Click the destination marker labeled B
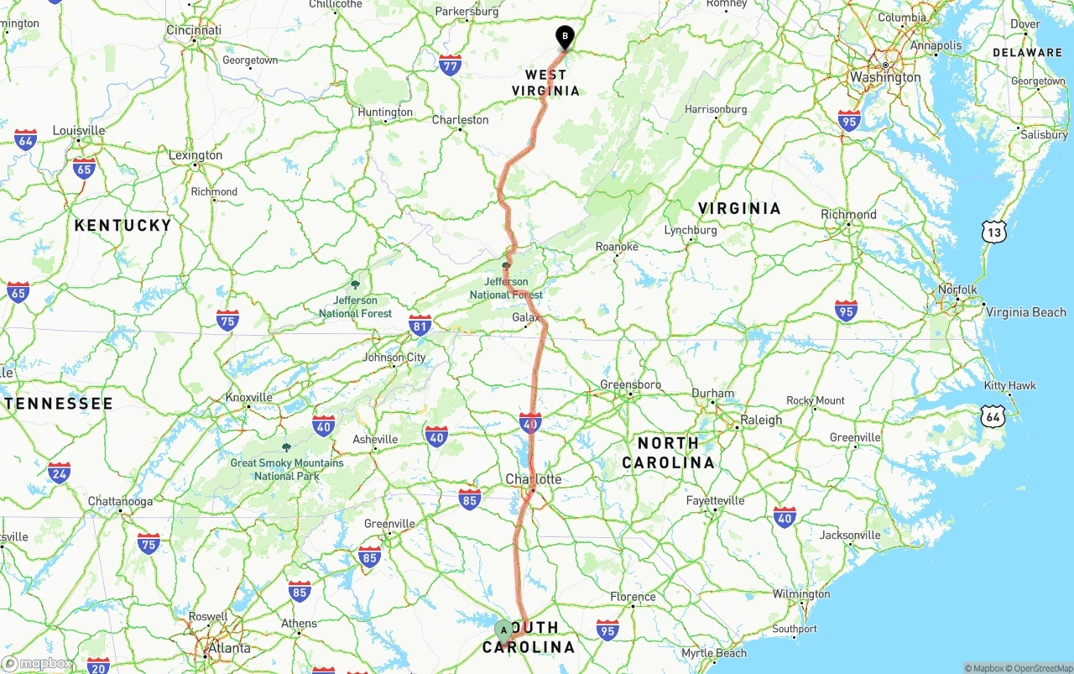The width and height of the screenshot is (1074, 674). tap(566, 37)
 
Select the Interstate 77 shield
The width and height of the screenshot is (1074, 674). tap(450, 65)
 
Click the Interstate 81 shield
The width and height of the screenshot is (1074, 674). tap(420, 326)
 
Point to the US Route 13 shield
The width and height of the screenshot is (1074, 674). tap(993, 232)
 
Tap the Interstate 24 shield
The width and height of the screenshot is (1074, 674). tap(59, 473)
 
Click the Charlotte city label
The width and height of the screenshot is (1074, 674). tap(533, 479)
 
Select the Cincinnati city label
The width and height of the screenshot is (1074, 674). tap(194, 30)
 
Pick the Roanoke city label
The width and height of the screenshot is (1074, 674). tap(617, 247)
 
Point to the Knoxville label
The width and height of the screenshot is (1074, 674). tap(249, 397)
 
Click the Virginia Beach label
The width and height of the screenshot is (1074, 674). tap(1025, 312)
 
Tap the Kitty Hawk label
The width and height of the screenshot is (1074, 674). tap(1010, 386)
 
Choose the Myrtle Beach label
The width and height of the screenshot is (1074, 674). tap(714, 653)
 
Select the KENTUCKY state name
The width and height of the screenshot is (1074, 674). tap(123, 225)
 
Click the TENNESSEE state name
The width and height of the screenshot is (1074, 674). tap(59, 404)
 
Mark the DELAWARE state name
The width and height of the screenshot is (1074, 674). tap(1027, 52)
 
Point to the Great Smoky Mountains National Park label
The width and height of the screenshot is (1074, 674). tap(287, 469)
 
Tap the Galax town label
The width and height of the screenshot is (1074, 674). tap(526, 318)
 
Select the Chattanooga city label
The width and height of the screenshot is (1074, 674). tap(121, 502)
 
